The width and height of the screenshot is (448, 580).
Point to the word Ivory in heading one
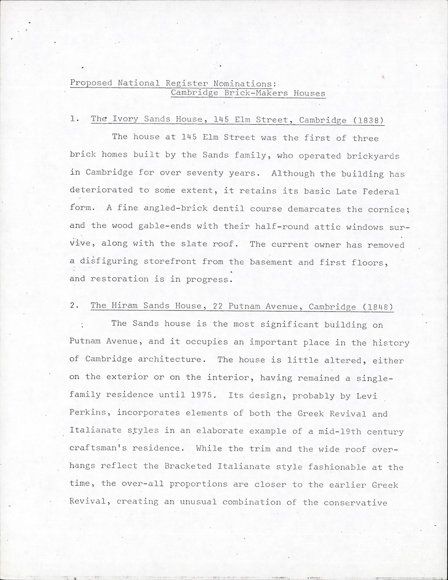[x=125, y=119]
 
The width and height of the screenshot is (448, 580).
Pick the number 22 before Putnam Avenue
[x=218, y=306]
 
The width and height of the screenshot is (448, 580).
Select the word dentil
[x=229, y=208]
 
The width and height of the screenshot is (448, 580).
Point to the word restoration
[x=119, y=279]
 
